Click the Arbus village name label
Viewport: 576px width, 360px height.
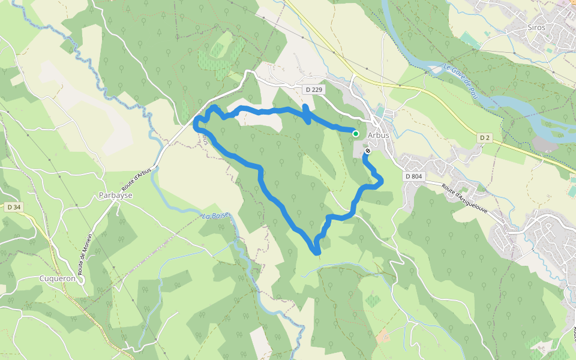379,135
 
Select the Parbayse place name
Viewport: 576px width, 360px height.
115,196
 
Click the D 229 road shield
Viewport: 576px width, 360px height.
313,89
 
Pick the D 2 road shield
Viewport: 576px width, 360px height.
485,138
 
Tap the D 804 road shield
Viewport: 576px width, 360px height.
414,176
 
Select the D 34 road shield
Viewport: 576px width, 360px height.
14,208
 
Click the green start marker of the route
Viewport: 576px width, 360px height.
356,134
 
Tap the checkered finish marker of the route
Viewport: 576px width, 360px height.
367,152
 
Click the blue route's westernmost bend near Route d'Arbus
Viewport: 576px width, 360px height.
195,125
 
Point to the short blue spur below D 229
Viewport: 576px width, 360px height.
306,115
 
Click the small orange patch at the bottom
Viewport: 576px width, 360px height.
382,335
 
